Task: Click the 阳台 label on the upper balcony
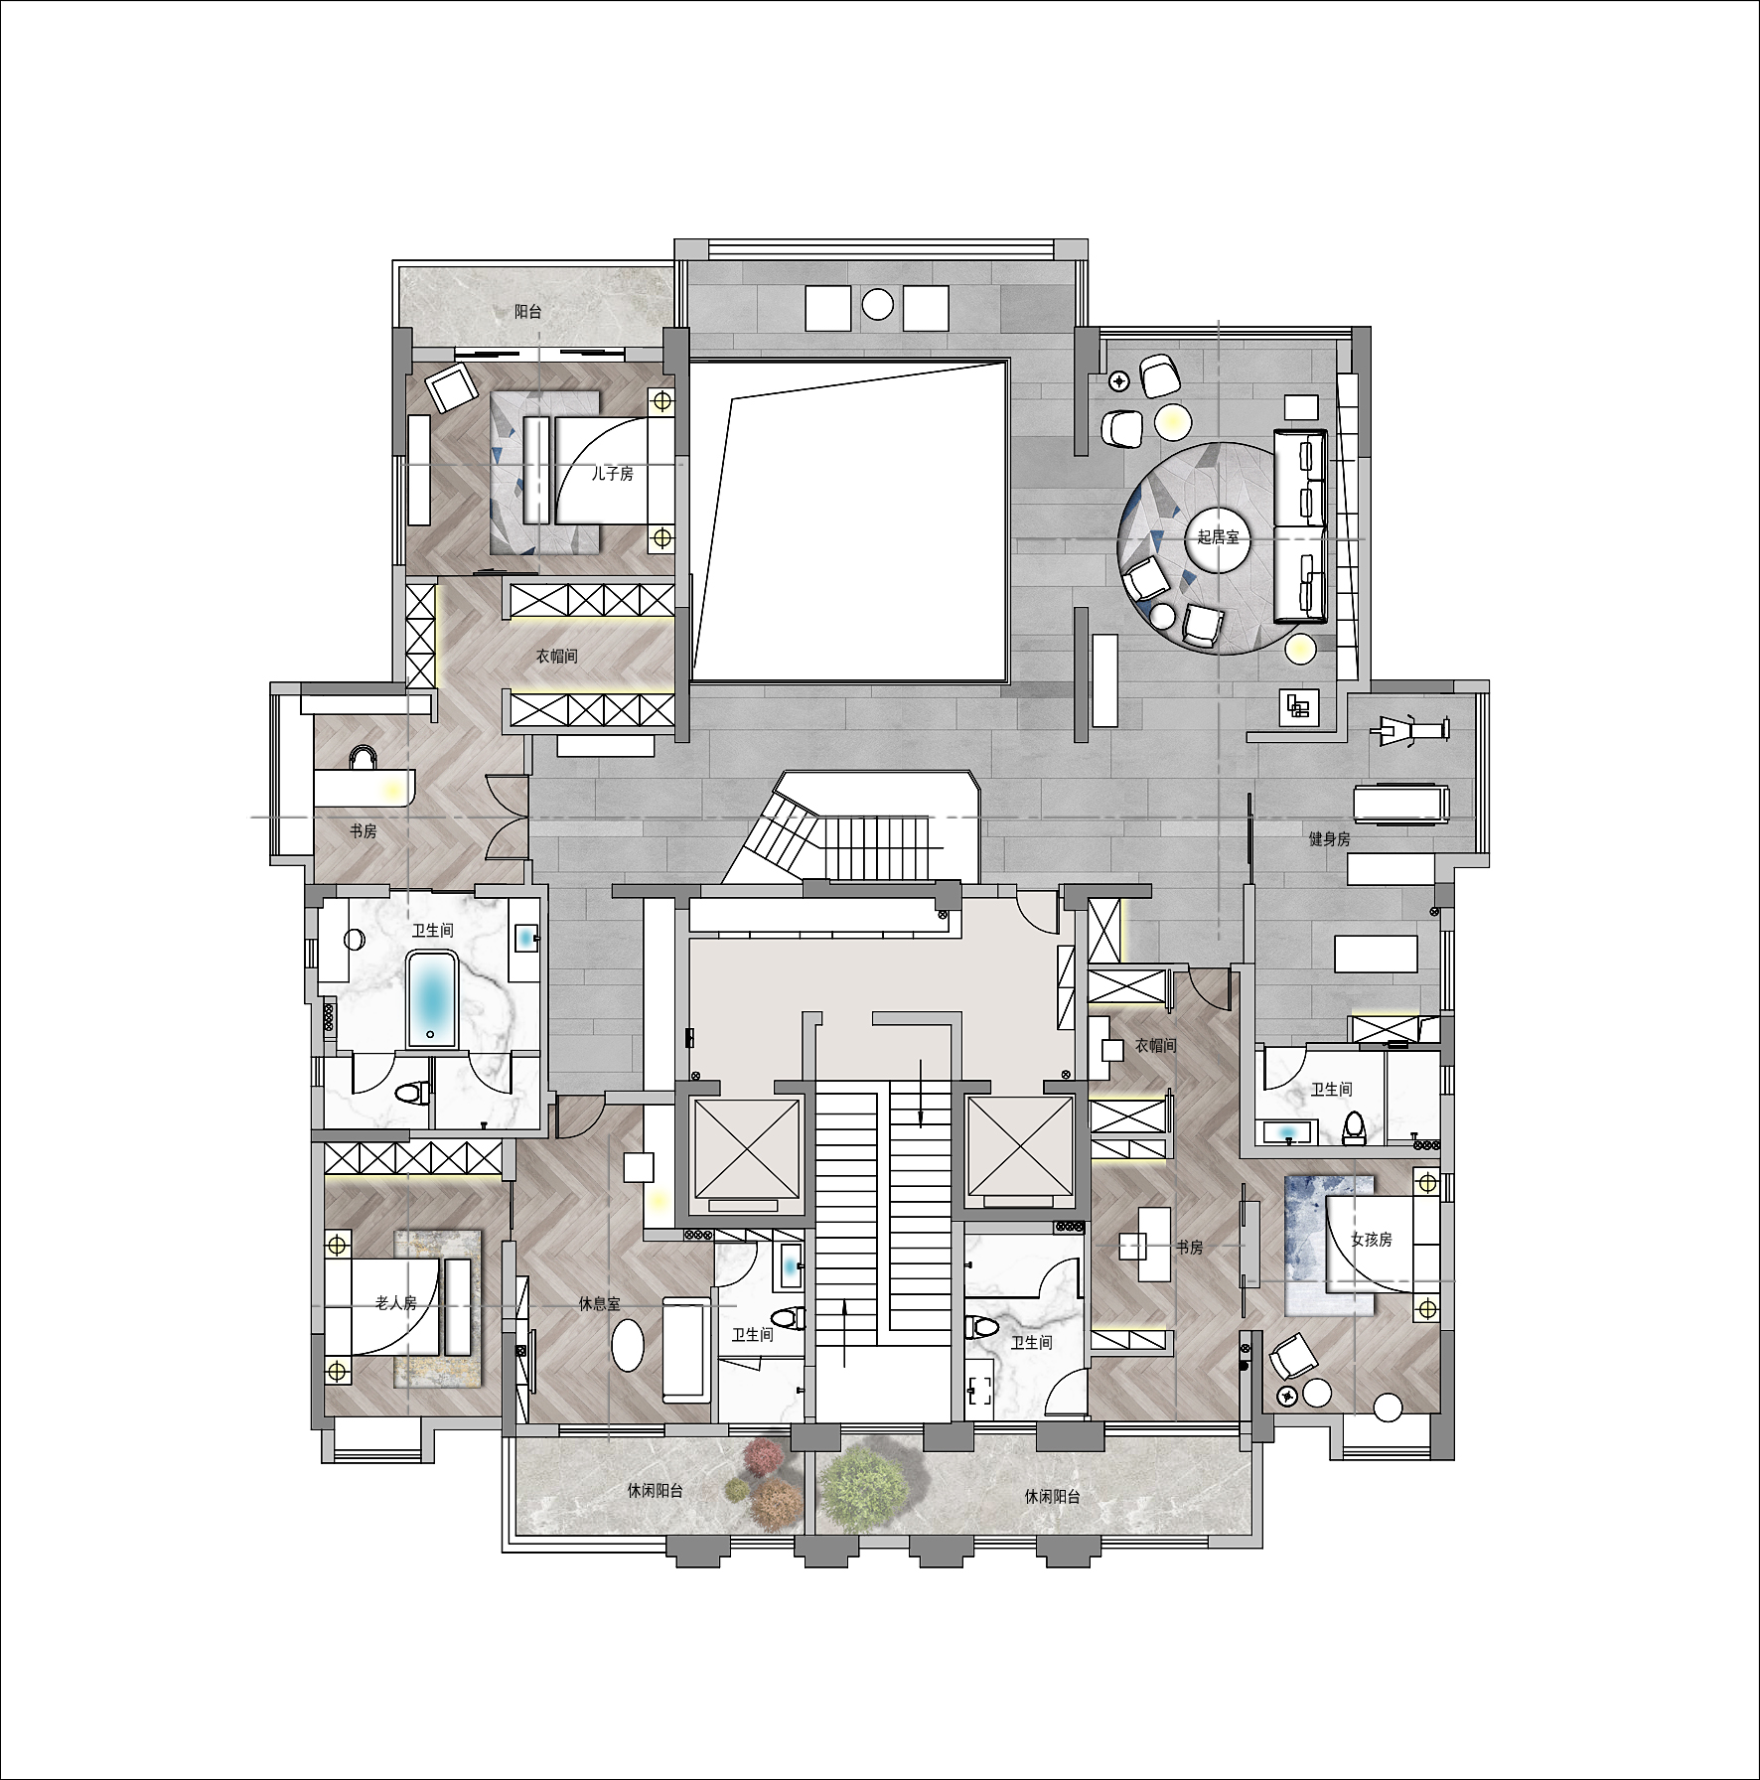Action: [x=528, y=312]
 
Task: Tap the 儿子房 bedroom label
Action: [x=612, y=474]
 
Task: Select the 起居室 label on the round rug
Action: [x=1218, y=537]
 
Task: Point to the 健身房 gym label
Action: [x=1329, y=839]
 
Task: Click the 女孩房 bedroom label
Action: [x=1371, y=1240]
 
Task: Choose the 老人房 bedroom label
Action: [x=396, y=1302]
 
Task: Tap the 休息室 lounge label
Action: [x=599, y=1303]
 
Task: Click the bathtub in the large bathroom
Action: [x=431, y=999]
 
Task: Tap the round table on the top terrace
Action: [x=877, y=304]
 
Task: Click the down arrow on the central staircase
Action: [x=921, y=1093]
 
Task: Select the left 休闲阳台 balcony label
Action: [x=655, y=1491]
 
